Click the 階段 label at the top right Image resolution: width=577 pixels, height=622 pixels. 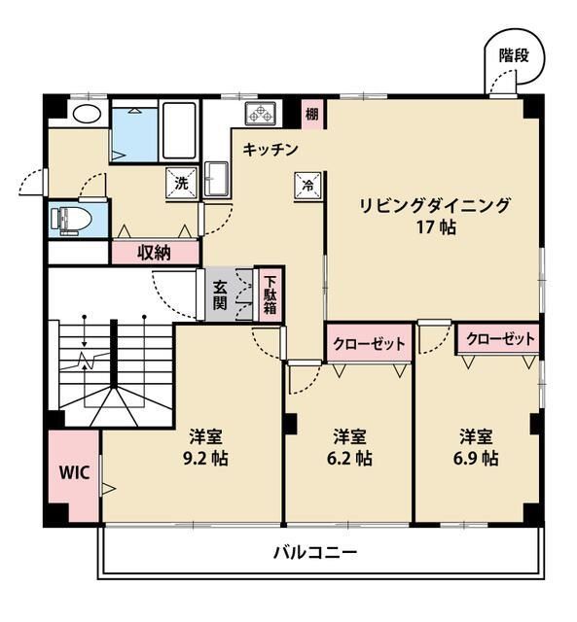513,54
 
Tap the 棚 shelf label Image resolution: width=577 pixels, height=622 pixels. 310,114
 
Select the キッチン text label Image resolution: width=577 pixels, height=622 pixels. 270,150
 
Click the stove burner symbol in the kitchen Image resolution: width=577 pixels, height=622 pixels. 261,114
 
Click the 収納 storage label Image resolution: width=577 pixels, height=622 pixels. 154,253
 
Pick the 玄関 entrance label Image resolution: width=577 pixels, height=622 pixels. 221,294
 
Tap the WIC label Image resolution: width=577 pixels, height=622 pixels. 74,473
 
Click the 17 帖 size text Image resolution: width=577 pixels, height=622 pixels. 435,228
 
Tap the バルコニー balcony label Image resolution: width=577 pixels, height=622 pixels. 313,553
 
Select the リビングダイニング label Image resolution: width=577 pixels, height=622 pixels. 435,205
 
